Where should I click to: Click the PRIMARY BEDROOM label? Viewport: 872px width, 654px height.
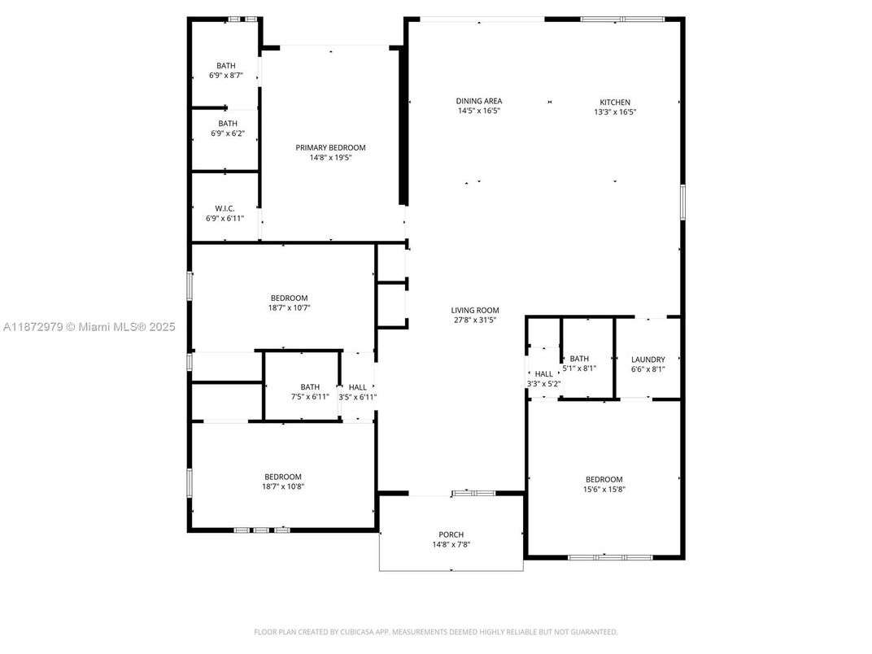tap(330, 147)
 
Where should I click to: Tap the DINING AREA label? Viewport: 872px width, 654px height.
tap(478, 101)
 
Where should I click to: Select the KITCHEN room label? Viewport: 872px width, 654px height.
tap(615, 102)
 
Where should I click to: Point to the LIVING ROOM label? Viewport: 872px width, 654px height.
tap(475, 310)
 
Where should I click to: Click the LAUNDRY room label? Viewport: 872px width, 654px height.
tap(648, 359)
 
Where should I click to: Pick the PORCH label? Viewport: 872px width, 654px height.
tap(451, 534)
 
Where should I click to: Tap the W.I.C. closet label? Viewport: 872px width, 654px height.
tap(225, 208)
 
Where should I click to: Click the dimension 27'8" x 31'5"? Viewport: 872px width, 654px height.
tap(475, 320)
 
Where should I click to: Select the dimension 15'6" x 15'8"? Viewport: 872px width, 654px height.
tap(604, 490)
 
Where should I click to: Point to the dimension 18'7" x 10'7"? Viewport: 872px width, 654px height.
tap(289, 308)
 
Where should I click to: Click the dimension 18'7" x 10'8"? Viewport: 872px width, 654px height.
tap(282, 486)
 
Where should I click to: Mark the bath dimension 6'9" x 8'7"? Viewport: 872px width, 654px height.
tap(226, 76)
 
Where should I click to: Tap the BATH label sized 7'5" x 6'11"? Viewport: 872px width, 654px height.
tap(310, 387)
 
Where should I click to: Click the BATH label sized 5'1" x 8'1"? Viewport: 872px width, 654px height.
tap(579, 358)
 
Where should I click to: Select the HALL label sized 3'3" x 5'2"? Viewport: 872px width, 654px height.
tap(543, 373)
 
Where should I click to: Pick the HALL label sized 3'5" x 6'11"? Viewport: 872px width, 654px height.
tap(358, 387)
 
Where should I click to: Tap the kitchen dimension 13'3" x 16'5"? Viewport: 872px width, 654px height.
tap(615, 112)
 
